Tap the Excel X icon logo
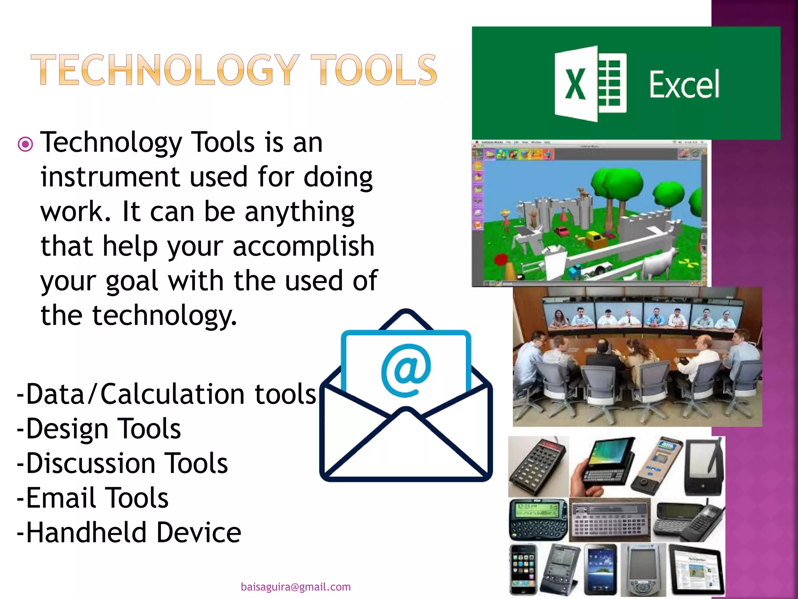(x=590, y=83)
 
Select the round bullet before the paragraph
(x=25, y=145)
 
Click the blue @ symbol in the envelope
(x=406, y=370)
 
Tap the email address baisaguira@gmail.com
(x=295, y=587)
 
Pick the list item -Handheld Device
(x=129, y=533)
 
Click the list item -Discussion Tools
(x=122, y=463)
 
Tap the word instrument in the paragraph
(x=110, y=177)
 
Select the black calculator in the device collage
(x=538, y=466)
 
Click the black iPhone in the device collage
(x=523, y=569)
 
